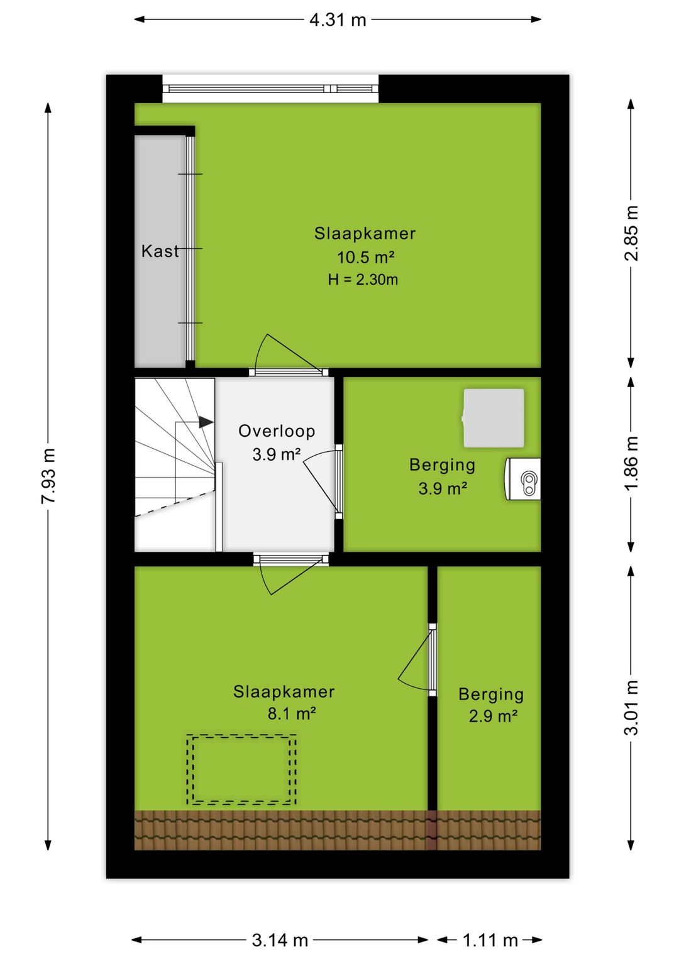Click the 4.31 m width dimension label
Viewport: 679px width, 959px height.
point(338,19)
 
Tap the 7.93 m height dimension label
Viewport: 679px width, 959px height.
point(48,476)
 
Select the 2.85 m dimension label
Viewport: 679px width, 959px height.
point(631,233)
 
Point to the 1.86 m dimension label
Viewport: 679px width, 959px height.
point(631,463)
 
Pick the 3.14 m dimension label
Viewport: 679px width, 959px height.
point(280,940)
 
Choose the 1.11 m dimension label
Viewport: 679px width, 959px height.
point(490,940)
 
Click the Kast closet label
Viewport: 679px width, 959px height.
point(160,251)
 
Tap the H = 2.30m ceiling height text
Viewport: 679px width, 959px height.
point(363,280)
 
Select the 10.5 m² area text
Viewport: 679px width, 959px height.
point(365,257)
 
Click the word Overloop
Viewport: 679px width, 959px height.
point(276,431)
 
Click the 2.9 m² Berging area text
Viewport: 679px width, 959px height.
point(493,716)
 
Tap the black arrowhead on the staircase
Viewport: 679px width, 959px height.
point(206,422)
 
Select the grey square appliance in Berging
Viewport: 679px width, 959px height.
point(494,419)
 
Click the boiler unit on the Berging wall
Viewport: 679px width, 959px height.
point(522,479)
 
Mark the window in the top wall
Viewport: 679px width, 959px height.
point(270,89)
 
